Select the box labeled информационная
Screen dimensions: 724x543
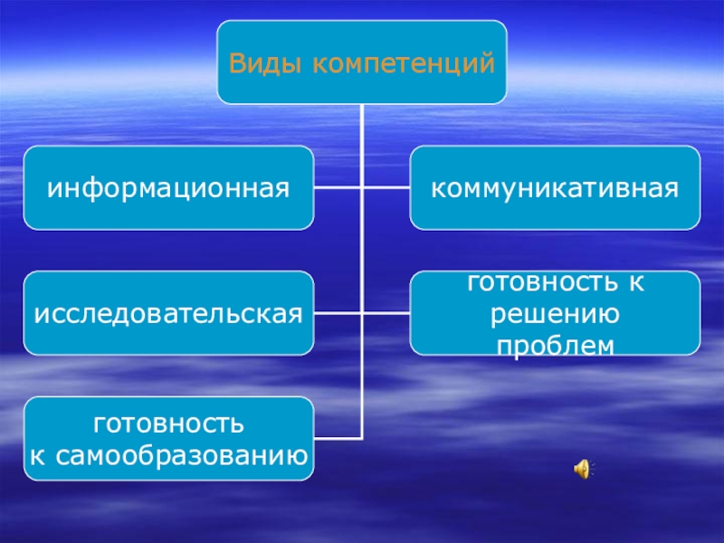[169, 188]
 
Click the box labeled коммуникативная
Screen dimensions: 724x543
[555, 188]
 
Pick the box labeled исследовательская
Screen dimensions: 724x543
[169, 313]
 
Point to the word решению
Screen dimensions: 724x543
[555, 313]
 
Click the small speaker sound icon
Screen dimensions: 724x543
[582, 468]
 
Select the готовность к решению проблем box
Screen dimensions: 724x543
[555, 313]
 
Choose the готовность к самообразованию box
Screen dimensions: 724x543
[169, 438]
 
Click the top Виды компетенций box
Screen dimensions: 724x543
[361, 62]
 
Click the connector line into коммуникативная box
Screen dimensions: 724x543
[386, 188]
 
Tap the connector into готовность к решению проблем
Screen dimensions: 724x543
[386, 313]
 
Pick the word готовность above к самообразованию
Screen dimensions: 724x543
[169, 422]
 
